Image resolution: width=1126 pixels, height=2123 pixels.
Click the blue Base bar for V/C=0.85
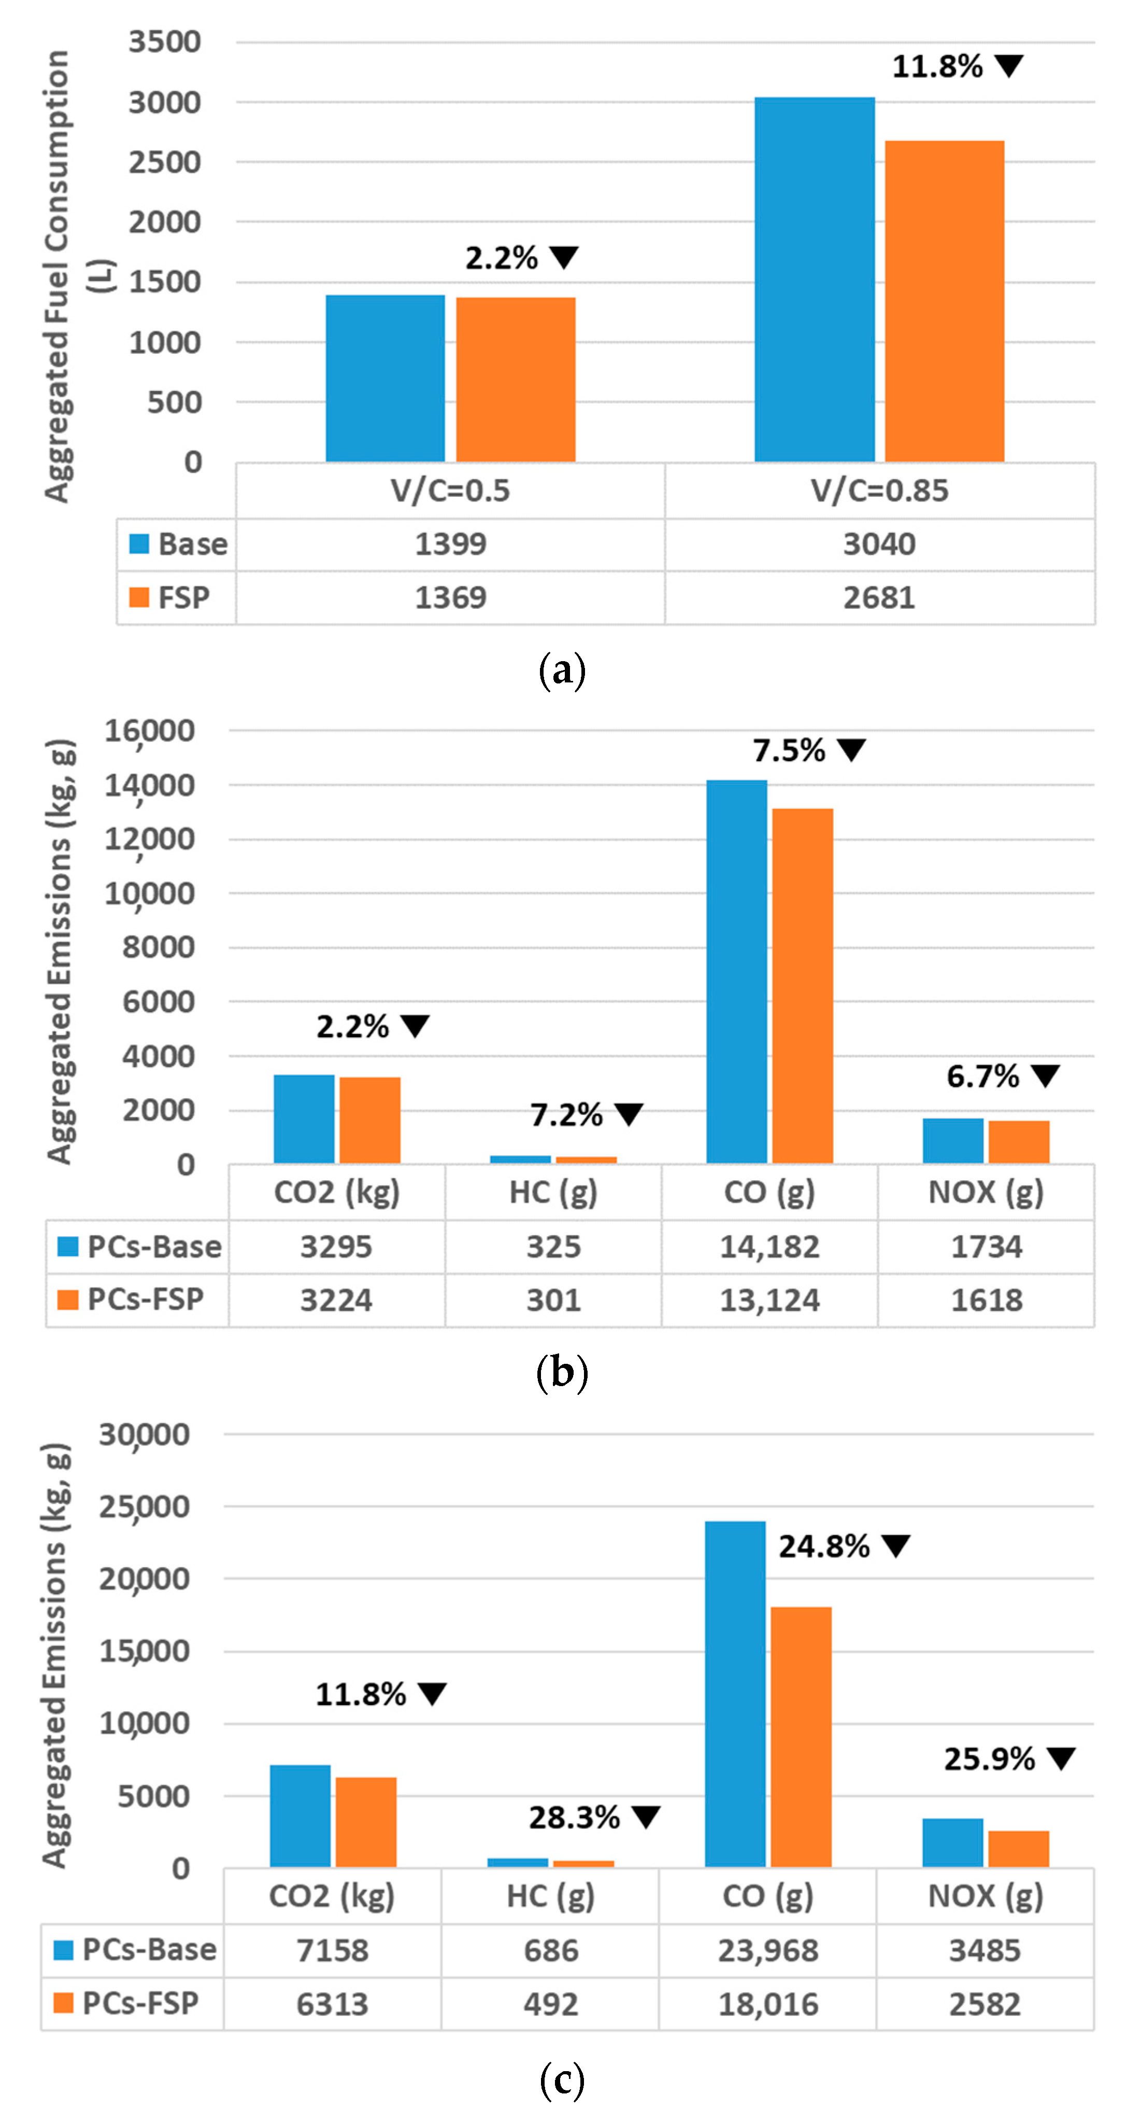tap(814, 280)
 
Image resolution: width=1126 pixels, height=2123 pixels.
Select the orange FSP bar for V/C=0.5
tap(516, 379)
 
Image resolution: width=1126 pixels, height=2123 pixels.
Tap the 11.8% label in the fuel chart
tap(937, 66)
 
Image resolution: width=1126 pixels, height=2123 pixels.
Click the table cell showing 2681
tap(879, 597)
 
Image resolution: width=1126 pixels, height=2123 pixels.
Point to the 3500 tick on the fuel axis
tap(165, 41)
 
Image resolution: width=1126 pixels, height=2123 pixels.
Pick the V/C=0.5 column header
tap(451, 491)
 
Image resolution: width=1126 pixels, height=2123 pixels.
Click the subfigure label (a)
tap(562, 670)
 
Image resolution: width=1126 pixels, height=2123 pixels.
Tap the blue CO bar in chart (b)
tap(736, 972)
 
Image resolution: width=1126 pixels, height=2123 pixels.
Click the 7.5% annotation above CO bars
tap(789, 750)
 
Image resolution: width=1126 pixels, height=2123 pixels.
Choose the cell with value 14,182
tap(769, 1247)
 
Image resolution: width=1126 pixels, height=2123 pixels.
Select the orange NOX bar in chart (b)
tap(1018, 1142)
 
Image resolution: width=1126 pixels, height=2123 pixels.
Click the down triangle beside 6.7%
tap(1045, 1076)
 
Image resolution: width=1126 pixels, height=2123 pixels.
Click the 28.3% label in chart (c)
tap(574, 1817)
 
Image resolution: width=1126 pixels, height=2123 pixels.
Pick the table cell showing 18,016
tap(768, 2004)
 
